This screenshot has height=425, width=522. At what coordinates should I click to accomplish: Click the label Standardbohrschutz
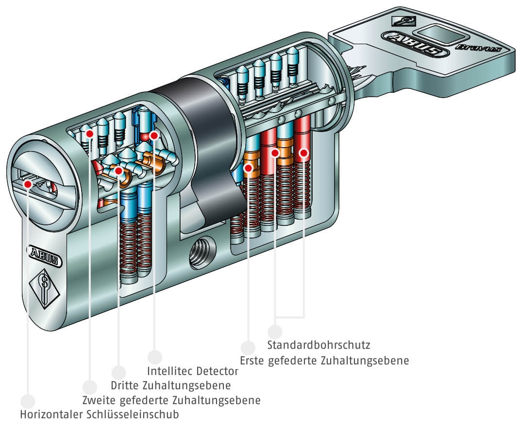[x=319, y=344]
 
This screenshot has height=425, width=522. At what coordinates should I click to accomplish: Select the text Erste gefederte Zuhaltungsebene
[x=324, y=360]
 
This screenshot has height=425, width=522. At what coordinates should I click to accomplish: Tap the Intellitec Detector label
[x=193, y=371]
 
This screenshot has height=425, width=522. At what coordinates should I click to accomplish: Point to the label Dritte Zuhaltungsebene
[x=171, y=385]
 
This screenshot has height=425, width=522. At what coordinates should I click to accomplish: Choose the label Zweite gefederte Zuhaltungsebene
[x=171, y=400]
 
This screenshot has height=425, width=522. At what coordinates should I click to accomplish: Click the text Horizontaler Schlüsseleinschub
[x=100, y=414]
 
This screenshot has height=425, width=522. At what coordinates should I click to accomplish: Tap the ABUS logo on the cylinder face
[x=44, y=256]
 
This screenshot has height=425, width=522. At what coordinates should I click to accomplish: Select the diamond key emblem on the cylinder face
[x=44, y=286]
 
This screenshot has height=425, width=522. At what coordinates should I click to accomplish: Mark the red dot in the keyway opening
[x=28, y=184]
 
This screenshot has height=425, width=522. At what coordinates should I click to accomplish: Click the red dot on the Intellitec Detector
[x=154, y=135]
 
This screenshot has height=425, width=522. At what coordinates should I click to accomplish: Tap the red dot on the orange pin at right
[x=248, y=168]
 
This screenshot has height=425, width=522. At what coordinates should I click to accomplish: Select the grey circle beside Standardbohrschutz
[x=275, y=332]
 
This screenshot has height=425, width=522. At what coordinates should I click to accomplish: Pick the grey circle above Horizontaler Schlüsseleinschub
[x=28, y=401]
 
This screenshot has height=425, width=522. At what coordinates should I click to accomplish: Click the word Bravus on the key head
[x=478, y=47]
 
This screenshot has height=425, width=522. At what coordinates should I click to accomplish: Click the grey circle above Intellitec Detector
[x=155, y=357]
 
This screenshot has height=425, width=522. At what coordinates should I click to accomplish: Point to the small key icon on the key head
[x=404, y=21]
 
